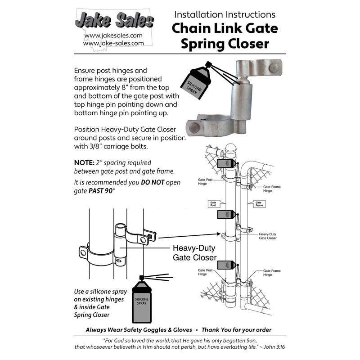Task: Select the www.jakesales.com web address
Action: [x=113, y=35]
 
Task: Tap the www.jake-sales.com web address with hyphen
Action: [x=113, y=43]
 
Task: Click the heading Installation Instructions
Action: [x=225, y=14]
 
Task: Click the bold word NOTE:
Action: [x=84, y=162]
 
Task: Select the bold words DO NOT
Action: [x=157, y=182]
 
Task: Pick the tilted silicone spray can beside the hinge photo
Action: [x=197, y=81]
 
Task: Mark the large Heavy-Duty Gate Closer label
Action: [x=194, y=253]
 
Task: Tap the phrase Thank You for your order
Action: [x=239, y=330]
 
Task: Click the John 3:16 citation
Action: [x=269, y=347]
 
